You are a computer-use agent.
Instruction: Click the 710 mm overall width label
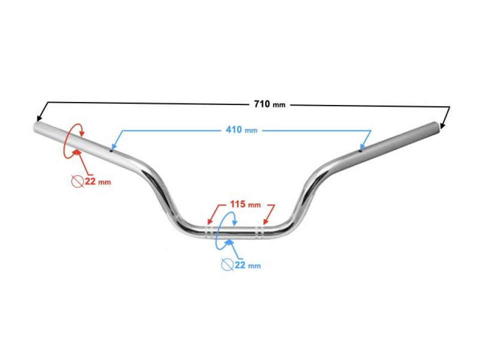point(269,104)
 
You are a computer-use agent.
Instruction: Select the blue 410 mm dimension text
point(241,130)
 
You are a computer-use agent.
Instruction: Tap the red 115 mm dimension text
point(245,204)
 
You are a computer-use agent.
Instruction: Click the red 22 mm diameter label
point(98,181)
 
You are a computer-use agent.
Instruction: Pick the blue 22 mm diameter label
point(247,265)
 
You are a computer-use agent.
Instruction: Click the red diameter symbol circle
point(78,181)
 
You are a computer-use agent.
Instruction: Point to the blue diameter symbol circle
point(227,265)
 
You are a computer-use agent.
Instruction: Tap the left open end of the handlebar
point(35,127)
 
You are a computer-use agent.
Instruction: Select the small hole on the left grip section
point(111,150)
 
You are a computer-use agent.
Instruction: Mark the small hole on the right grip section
point(360,150)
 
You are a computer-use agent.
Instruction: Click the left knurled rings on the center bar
point(209,232)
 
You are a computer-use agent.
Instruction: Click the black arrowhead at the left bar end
point(39,118)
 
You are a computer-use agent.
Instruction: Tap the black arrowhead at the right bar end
point(442,125)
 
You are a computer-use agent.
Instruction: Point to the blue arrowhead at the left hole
point(114,146)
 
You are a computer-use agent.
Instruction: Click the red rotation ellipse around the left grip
point(73,141)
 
